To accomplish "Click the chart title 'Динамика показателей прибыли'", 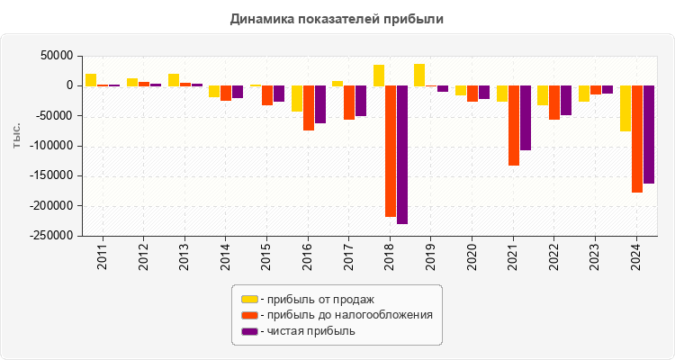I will click(x=337, y=18).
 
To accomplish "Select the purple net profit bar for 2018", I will click(x=402, y=154).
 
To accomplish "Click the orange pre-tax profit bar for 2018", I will click(x=391, y=150).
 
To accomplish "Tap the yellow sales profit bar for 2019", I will click(x=419, y=75).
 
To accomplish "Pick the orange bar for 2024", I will click(x=637, y=139).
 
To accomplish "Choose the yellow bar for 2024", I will click(x=625, y=108).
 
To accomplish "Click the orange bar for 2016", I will click(x=309, y=108).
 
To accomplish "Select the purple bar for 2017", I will click(x=361, y=101).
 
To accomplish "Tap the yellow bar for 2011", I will click(x=91, y=79).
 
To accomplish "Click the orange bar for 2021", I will click(x=514, y=125).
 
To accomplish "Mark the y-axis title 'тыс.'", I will click(x=17, y=136).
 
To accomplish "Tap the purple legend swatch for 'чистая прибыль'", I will click(x=249, y=331).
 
